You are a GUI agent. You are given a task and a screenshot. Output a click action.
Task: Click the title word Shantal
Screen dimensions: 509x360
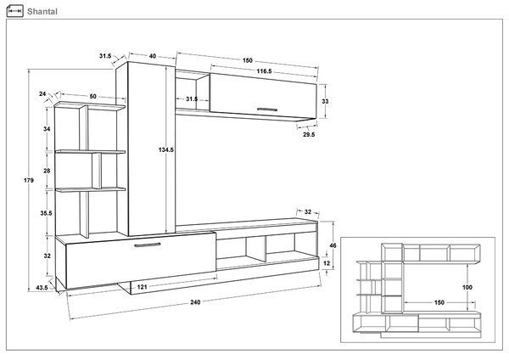click(x=42, y=12)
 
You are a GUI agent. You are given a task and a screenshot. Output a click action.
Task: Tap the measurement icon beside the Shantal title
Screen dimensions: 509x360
click(x=14, y=11)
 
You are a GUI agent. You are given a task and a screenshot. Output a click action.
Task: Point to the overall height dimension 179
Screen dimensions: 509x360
click(x=29, y=180)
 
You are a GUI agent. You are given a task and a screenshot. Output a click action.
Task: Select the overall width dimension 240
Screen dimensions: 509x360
click(x=195, y=302)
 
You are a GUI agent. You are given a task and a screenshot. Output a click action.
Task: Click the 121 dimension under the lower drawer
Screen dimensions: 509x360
click(x=142, y=287)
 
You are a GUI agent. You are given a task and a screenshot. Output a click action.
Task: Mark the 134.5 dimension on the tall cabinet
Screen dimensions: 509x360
click(x=166, y=149)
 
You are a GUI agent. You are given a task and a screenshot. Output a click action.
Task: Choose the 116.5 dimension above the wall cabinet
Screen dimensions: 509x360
click(x=264, y=71)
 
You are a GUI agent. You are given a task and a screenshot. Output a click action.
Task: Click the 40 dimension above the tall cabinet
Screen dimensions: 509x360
click(x=153, y=56)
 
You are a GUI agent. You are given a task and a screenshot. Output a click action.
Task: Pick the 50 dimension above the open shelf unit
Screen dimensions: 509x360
click(x=92, y=97)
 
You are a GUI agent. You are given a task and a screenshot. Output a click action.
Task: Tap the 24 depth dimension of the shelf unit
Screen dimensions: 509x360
click(x=42, y=94)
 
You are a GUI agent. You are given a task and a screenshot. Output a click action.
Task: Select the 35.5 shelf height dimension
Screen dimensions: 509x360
click(x=46, y=213)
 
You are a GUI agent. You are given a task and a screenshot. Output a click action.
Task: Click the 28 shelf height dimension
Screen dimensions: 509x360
click(x=47, y=171)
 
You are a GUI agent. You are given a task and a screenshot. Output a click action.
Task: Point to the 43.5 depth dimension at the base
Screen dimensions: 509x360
click(x=42, y=288)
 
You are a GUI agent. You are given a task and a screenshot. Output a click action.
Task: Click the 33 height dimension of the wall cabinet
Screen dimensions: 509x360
click(x=325, y=101)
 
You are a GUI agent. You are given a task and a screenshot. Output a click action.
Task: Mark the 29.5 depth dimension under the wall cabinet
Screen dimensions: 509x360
click(x=309, y=134)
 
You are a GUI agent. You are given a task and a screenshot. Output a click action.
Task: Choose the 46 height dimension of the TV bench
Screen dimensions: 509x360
click(x=333, y=246)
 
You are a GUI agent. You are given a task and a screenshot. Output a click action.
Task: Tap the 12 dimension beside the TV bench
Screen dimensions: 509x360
click(x=327, y=263)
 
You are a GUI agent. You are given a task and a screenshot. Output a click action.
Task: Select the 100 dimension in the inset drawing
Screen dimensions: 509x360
click(x=467, y=287)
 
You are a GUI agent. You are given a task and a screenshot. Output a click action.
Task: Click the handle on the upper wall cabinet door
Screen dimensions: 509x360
click(x=267, y=110)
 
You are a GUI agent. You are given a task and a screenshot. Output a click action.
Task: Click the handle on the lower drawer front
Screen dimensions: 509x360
click(x=148, y=245)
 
